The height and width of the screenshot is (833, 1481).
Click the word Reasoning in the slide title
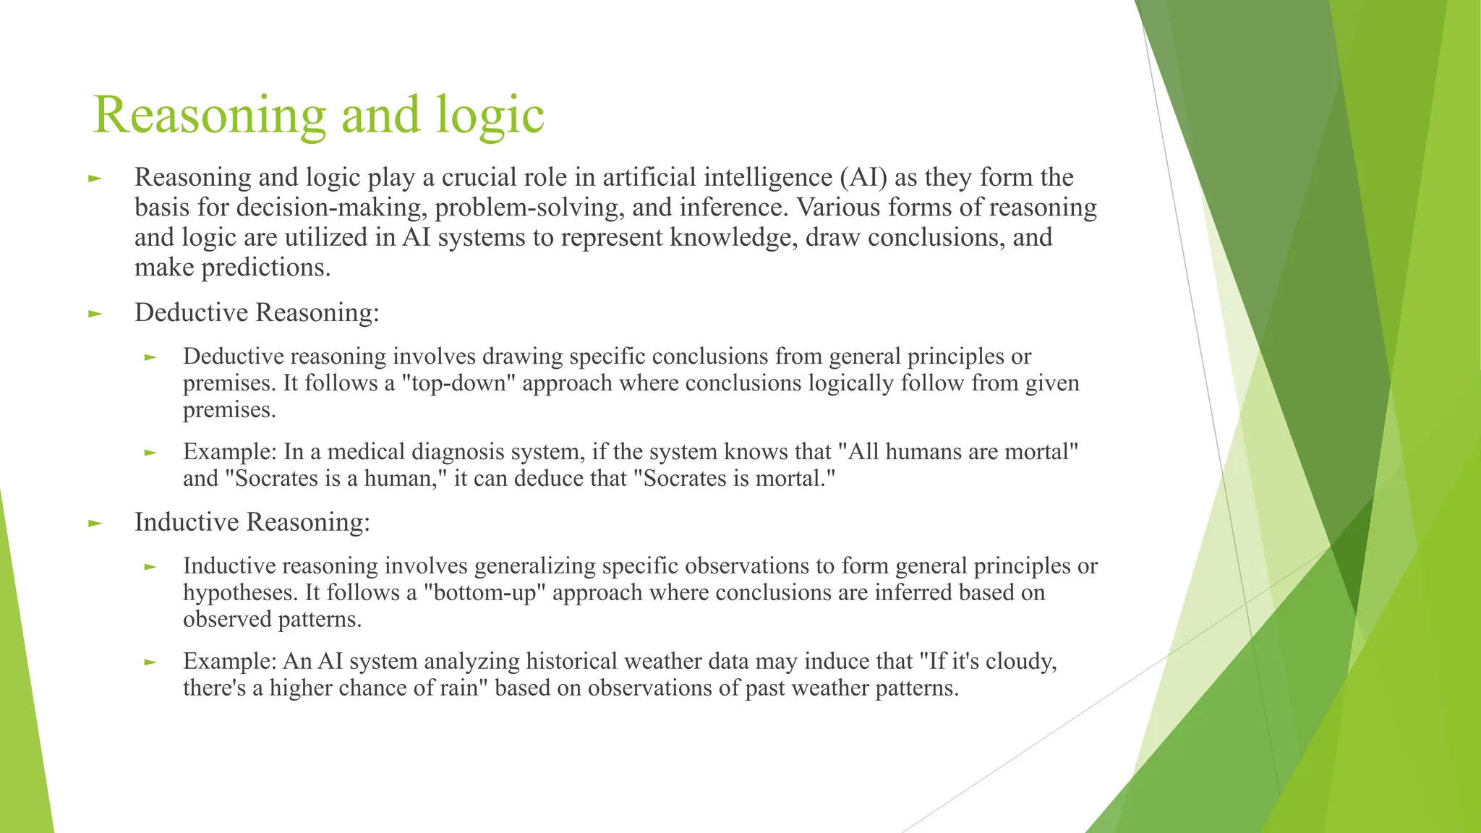pyautogui.click(x=210, y=116)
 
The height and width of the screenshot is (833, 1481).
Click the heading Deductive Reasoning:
pyautogui.click(x=257, y=312)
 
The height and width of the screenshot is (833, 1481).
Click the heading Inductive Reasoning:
pyautogui.click(x=252, y=522)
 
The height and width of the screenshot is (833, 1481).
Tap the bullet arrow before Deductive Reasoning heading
pyautogui.click(x=95, y=314)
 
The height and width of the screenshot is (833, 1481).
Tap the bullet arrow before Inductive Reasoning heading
pyautogui.click(x=95, y=524)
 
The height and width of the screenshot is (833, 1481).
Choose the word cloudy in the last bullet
pyautogui.click(x=1020, y=662)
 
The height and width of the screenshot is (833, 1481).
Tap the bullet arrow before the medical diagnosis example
pyautogui.click(x=150, y=453)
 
